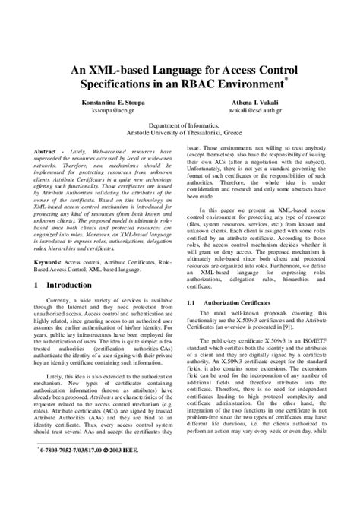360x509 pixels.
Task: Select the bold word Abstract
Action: [46, 151]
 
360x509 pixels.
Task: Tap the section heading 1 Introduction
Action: [63, 285]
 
